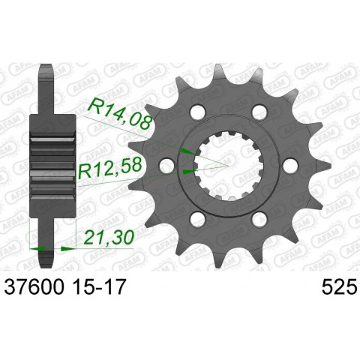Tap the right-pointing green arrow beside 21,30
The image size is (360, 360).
tap(66, 247)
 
